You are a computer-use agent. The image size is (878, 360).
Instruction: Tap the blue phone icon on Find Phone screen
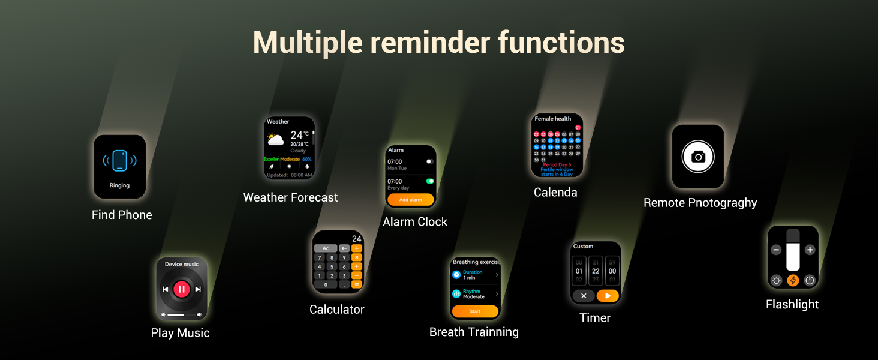(x=119, y=161)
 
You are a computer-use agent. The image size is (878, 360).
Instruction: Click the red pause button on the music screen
(x=181, y=290)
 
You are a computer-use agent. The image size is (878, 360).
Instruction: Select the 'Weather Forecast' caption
(x=290, y=197)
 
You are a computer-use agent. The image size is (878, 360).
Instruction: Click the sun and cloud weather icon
(x=276, y=140)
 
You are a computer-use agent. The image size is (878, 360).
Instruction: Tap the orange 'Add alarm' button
(x=410, y=200)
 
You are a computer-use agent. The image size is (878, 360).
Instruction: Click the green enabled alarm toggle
(x=429, y=181)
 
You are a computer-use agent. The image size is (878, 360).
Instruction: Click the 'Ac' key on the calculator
(x=326, y=248)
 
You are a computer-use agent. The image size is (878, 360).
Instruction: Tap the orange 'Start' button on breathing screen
(x=475, y=311)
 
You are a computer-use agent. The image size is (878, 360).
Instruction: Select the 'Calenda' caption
(x=555, y=193)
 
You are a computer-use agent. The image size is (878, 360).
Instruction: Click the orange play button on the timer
(x=608, y=295)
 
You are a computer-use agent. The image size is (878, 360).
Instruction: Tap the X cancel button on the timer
(x=584, y=295)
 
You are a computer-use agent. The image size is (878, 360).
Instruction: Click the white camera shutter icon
(x=698, y=157)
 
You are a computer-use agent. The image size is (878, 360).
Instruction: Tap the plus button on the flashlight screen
(x=810, y=250)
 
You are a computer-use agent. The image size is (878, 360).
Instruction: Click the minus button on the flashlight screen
(x=776, y=250)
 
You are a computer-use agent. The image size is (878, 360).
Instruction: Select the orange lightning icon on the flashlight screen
(x=793, y=280)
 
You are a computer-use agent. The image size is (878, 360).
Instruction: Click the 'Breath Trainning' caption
(x=474, y=332)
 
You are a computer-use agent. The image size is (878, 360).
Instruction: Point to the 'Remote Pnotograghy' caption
(x=700, y=203)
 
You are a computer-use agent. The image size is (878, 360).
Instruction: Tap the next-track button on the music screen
(x=198, y=290)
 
